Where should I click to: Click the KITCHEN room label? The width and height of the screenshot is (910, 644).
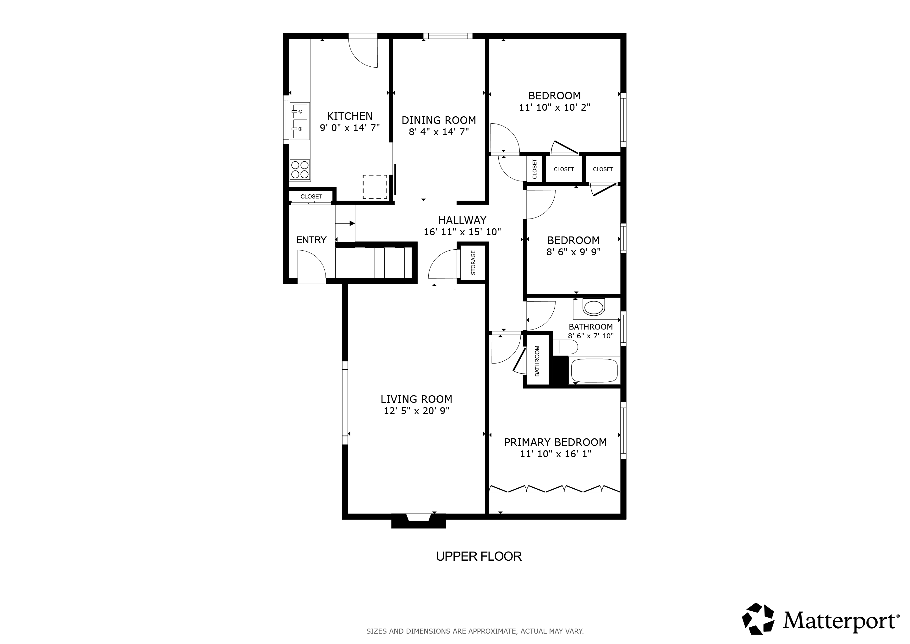349,116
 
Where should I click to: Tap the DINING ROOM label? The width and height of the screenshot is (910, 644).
439,120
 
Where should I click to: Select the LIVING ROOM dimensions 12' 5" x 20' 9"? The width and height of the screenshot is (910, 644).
417,411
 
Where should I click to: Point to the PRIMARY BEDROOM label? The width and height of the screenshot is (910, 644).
555,442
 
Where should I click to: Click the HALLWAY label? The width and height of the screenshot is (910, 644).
462,220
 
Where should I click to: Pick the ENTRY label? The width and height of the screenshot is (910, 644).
311,240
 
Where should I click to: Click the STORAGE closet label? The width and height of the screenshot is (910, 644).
473,263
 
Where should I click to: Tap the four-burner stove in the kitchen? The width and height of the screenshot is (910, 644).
300,170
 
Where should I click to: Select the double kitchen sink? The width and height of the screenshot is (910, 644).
300,121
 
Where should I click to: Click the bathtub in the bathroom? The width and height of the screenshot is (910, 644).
594,370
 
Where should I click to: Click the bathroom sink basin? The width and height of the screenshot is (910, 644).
594,308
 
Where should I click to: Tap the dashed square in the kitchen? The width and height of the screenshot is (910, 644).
375,187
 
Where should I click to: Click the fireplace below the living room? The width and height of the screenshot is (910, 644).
419,521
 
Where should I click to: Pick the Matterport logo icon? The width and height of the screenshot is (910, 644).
758,619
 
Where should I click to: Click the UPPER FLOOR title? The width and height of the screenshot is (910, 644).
479,556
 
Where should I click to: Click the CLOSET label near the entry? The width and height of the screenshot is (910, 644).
311,197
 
